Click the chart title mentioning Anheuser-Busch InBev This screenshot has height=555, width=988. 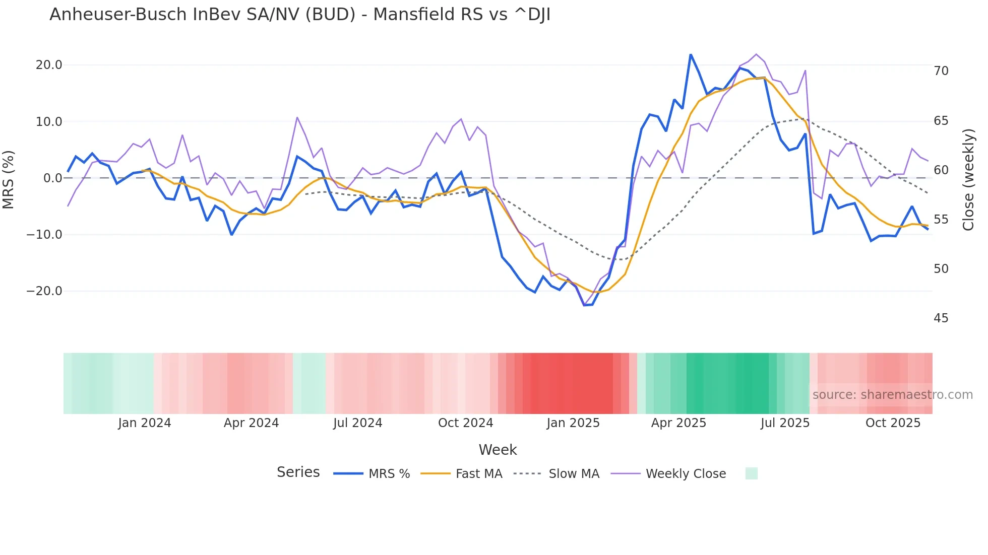pyautogui.click(x=300, y=15)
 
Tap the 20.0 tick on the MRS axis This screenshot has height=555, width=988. pyautogui.click(x=49, y=65)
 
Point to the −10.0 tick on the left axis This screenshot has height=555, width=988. pyautogui.click(x=44, y=235)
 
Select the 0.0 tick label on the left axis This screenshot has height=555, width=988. pyautogui.click(x=52, y=178)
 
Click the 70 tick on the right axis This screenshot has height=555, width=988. pyautogui.click(x=941, y=71)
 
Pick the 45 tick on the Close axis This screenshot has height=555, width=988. pyautogui.click(x=941, y=318)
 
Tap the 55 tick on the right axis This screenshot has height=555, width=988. pyautogui.click(x=941, y=220)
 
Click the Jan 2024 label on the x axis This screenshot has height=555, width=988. pyautogui.click(x=145, y=423)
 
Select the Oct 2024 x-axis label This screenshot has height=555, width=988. pyautogui.click(x=465, y=423)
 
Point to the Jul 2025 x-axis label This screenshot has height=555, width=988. pyautogui.click(x=785, y=423)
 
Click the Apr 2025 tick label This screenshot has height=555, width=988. pyautogui.click(x=678, y=423)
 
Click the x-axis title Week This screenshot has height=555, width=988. pyautogui.click(x=498, y=450)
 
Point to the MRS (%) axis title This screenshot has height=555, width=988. pyautogui.click(x=9, y=179)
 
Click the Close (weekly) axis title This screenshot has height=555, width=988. pyautogui.click(x=968, y=179)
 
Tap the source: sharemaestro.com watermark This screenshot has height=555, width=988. pyautogui.click(x=892, y=395)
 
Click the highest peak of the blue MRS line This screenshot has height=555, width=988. pyautogui.click(x=691, y=54)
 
